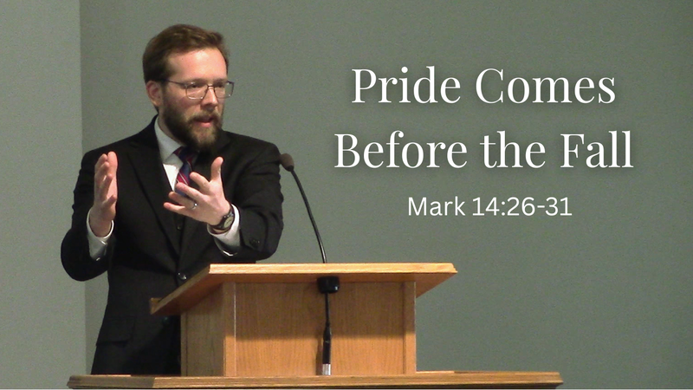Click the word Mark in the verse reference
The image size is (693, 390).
[x=435, y=208]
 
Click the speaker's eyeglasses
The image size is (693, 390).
[x=201, y=88]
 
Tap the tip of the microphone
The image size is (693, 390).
[x=286, y=160]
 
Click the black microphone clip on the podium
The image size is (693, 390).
[x=327, y=284]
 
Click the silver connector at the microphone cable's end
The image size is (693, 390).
[x=326, y=368]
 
